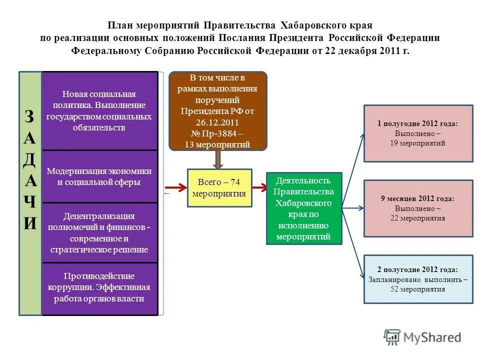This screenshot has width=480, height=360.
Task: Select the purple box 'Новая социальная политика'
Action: point(99,110)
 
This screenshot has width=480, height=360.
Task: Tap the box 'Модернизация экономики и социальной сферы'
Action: point(99,176)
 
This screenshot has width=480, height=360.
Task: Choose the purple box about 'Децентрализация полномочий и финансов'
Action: point(99,232)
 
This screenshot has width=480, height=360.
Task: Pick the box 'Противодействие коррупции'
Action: point(99,288)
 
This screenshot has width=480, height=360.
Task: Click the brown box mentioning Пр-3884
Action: point(217,111)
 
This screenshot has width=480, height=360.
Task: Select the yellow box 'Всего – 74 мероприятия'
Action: point(219,187)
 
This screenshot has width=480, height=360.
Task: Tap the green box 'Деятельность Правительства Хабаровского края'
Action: point(304,208)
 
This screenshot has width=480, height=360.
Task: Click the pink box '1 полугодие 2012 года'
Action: point(418,133)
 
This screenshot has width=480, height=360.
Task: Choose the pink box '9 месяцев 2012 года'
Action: point(418,208)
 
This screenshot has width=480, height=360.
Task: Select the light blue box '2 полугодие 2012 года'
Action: point(418,279)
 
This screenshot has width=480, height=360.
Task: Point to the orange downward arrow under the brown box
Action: point(217,159)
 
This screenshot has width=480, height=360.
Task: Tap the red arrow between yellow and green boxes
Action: point(259,188)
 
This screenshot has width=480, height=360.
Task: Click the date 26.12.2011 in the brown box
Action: point(217,122)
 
